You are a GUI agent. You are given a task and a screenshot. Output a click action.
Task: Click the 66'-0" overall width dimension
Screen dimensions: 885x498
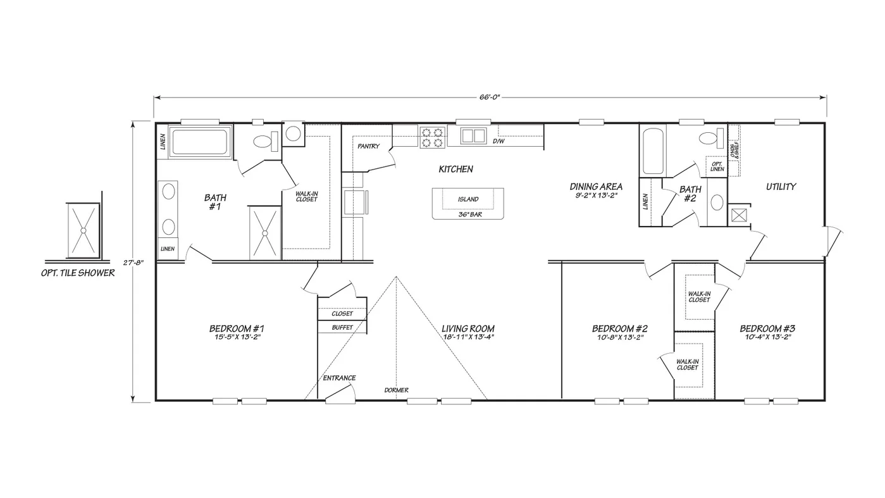tap(490, 97)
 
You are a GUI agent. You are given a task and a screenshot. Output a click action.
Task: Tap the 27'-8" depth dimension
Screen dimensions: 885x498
tap(133, 263)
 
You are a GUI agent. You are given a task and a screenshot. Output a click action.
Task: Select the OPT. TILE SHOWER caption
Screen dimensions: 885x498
tap(78, 273)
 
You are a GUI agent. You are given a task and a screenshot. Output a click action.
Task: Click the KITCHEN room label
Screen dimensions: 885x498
tap(455, 169)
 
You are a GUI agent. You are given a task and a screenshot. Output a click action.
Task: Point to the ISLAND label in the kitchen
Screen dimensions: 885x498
tap(468, 199)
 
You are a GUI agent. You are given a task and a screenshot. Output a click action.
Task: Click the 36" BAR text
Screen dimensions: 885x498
tap(470, 215)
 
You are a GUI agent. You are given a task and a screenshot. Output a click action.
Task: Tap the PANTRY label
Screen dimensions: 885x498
tap(368, 146)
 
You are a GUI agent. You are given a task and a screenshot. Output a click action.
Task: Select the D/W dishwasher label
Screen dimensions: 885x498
tap(498, 141)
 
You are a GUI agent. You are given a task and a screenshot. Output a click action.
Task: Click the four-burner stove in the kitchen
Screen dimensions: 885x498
tap(432, 137)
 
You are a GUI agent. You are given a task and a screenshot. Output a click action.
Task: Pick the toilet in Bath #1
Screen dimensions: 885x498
tap(265, 141)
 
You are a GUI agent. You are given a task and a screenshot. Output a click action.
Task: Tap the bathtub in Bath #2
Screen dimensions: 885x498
tap(653, 151)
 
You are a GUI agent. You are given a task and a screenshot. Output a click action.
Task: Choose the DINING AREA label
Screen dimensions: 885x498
tap(596, 187)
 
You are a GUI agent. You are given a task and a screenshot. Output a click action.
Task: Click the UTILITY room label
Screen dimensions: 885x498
tap(781, 187)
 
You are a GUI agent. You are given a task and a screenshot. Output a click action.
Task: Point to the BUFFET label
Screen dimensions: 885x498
tap(342, 327)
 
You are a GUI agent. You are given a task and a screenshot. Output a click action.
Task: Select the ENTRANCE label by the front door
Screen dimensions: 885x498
tap(339, 378)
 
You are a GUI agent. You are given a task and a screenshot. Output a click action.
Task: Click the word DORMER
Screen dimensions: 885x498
tap(396, 390)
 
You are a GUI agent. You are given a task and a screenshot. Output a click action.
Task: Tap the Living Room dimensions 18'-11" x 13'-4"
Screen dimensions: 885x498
tap(469, 337)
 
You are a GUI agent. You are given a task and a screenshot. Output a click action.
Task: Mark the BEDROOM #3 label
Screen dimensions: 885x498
tap(767, 328)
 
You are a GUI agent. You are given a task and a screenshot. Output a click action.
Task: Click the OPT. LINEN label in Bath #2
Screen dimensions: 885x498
tap(717, 166)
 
